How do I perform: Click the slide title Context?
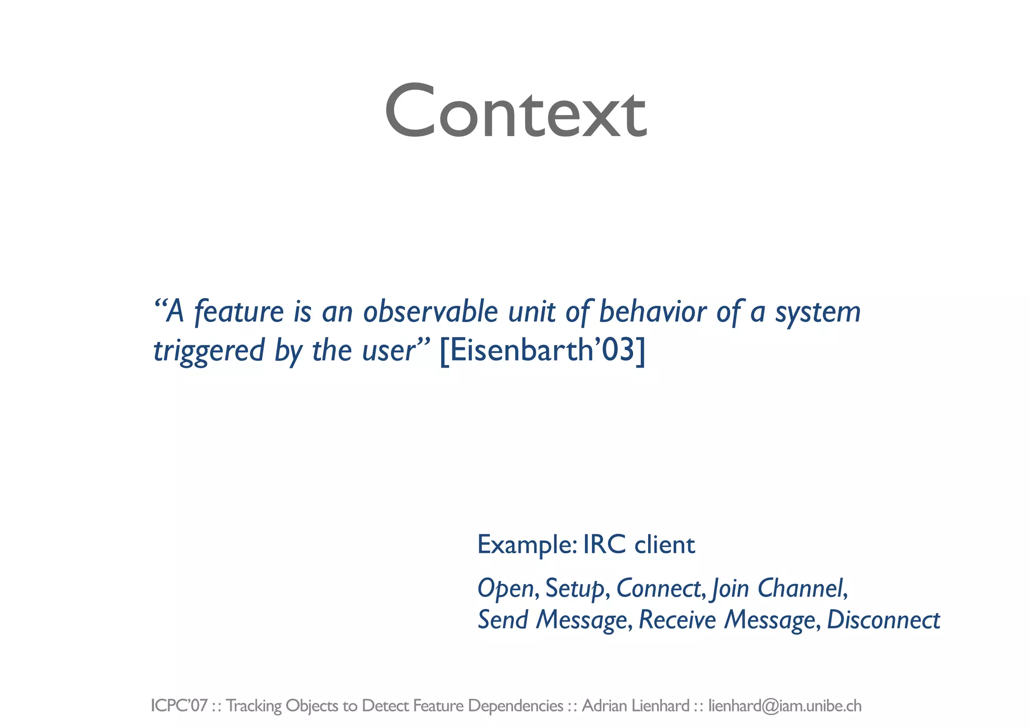(x=515, y=111)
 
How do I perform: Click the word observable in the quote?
(x=431, y=312)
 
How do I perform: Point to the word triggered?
(x=209, y=351)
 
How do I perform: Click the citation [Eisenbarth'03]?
(x=542, y=350)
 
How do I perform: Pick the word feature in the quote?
(x=239, y=312)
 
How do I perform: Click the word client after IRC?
(x=665, y=545)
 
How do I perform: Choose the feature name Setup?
(x=574, y=588)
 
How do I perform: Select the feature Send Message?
(x=552, y=620)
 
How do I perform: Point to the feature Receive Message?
(x=727, y=620)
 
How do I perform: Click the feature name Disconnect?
(x=883, y=620)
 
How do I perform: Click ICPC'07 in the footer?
(x=179, y=706)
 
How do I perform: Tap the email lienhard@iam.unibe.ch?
(x=785, y=706)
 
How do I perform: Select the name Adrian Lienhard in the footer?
(x=636, y=706)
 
